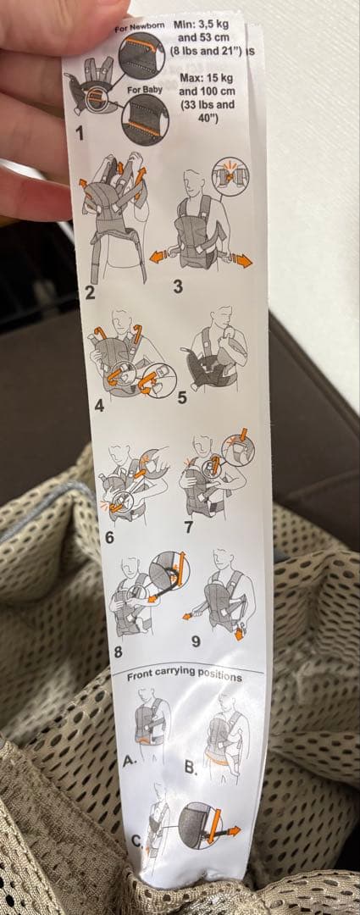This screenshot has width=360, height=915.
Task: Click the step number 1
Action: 80,133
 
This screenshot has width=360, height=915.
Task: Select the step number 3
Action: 178,286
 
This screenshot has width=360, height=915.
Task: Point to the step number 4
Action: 99,405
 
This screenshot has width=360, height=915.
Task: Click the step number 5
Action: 182,397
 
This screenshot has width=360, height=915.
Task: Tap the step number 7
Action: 188,527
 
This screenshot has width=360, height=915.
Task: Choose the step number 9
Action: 196,640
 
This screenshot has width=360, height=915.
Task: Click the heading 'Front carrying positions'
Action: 184,676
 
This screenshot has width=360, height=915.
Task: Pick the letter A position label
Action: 129,760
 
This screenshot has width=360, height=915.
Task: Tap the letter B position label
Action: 191,768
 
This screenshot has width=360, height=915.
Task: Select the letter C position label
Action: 136,842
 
